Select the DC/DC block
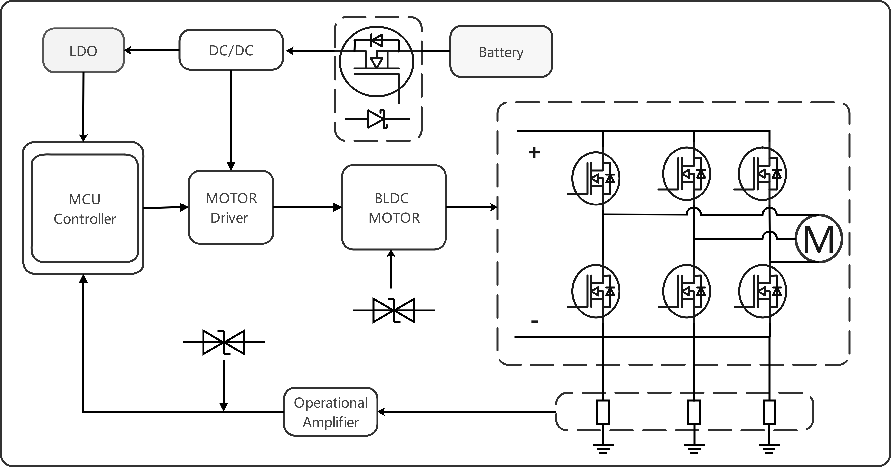[x=231, y=50]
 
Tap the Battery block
[x=501, y=51]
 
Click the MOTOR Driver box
[x=231, y=207]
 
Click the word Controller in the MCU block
[x=85, y=219]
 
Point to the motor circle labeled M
[x=819, y=238]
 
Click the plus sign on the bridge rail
[x=534, y=152]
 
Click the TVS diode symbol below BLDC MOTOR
[x=394, y=310]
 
